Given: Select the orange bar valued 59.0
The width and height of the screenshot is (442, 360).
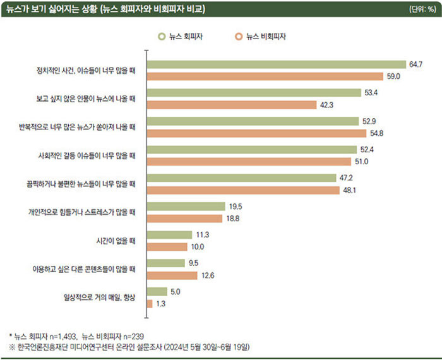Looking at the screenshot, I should tap(265, 76).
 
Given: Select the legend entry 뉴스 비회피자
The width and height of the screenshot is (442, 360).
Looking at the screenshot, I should tap(265, 37).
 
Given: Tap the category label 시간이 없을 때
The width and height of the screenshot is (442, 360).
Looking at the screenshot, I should tap(113, 241).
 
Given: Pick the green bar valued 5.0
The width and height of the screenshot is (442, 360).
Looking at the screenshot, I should tap(157, 291).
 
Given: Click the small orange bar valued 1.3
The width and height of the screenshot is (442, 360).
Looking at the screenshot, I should tap(149, 304).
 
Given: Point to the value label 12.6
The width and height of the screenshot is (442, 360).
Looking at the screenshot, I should tap(208, 275).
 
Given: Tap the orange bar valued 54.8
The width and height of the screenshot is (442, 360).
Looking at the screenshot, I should tap(256, 133).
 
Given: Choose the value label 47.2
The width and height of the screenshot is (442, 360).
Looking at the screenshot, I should tap(347, 177).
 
